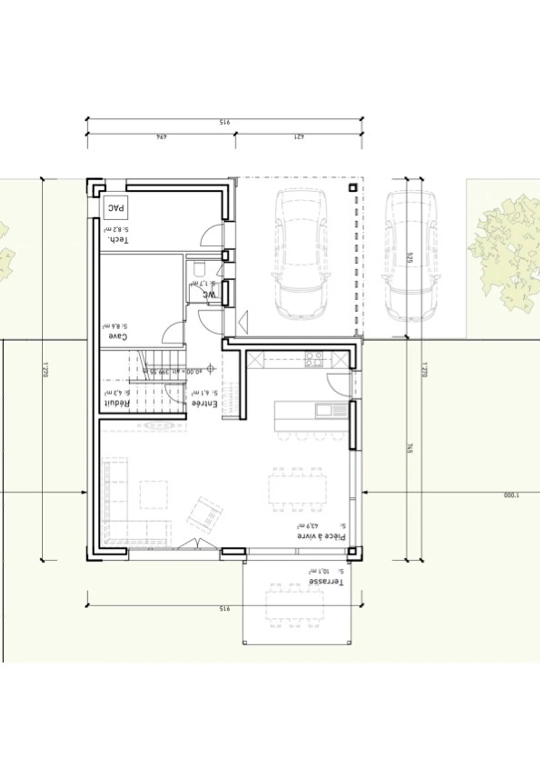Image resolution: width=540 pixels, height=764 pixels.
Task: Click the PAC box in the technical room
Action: [x=116, y=207]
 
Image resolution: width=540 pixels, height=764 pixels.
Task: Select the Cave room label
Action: [x=118, y=336]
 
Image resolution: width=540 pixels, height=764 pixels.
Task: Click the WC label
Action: [x=210, y=295]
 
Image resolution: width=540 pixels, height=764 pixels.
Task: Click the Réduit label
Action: [x=117, y=403]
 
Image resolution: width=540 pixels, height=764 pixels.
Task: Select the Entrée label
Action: [x=205, y=404]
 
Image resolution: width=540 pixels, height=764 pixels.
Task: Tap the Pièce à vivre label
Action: [x=321, y=536]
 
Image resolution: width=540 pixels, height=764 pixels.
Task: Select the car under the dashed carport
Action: [x=301, y=254]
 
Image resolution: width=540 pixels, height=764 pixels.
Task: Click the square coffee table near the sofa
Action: [x=154, y=494]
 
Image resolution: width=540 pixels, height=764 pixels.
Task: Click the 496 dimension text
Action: [x=161, y=137]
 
